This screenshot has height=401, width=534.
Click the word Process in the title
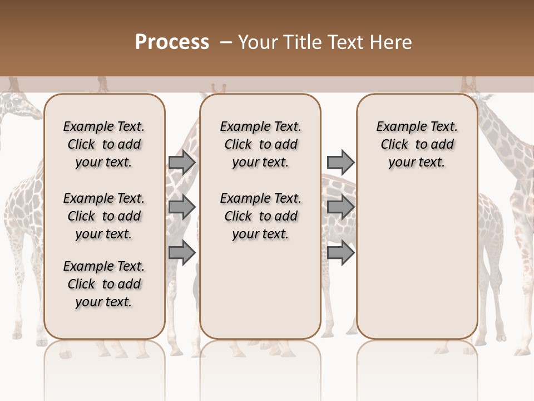172,42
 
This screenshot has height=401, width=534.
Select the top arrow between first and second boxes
182,162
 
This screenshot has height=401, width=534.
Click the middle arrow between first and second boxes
182,207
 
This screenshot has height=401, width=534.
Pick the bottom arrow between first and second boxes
182,252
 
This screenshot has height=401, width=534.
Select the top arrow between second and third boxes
340,162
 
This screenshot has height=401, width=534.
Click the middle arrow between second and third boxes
340,207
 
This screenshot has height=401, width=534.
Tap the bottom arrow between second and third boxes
340,252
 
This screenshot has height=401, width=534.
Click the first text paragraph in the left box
104,144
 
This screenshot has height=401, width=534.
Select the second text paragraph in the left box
104,216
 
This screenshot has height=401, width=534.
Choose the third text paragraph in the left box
104,284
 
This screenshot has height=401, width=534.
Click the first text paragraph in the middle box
260,144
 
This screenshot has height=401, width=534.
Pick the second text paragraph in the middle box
260,216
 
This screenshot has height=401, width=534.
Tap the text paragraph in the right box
417,144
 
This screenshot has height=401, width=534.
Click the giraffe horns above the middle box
219,88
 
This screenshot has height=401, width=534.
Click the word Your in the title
257,42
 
